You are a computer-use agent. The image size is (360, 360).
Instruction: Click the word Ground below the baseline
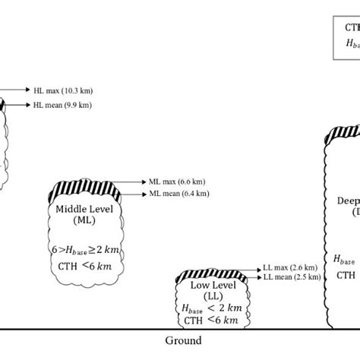[x=183, y=341]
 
